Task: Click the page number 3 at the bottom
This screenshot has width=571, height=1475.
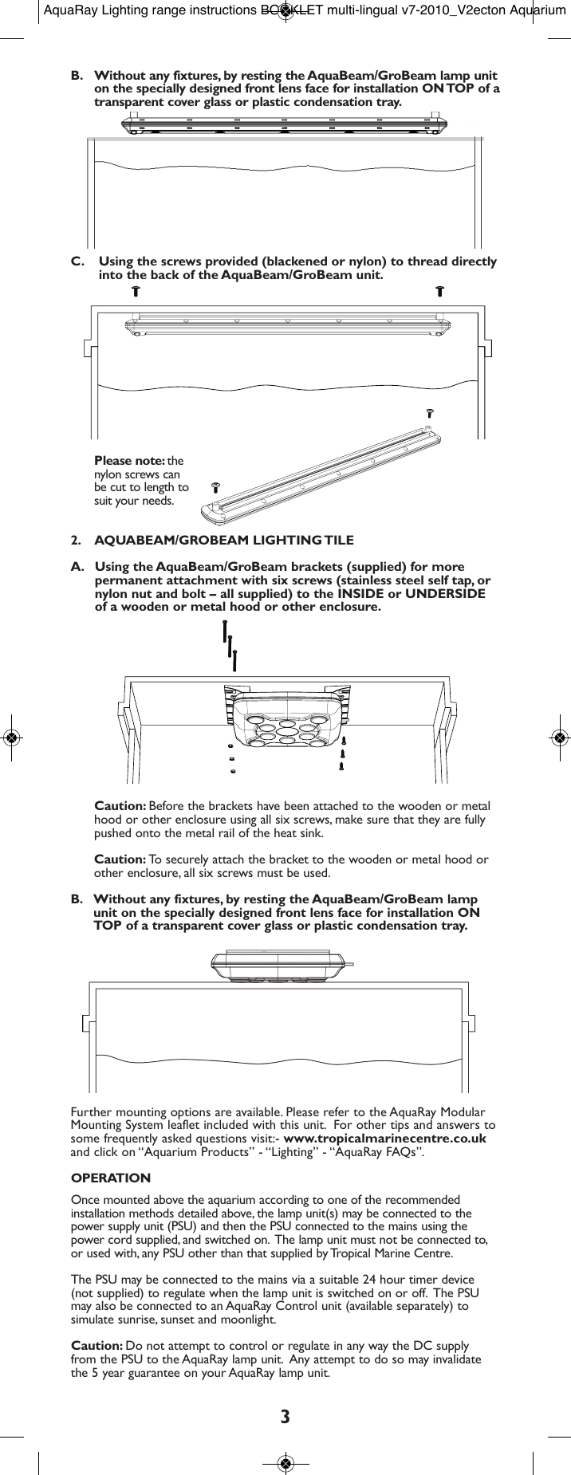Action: pos(285,1416)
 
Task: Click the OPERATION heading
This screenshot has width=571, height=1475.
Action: pos(111,1178)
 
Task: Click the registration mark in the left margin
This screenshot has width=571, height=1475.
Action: pos(11,737)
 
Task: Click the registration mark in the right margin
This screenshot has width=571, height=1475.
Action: pos(560,737)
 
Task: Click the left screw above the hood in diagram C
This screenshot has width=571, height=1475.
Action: pos(136,291)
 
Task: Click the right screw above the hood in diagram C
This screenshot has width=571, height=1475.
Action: pos(439,291)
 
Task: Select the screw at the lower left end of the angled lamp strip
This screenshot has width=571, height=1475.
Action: pos(215,486)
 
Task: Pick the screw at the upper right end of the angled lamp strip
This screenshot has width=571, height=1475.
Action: pos(429,412)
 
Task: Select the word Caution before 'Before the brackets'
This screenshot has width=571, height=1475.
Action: pos(120,806)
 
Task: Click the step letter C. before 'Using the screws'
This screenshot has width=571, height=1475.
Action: pos(77,262)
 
